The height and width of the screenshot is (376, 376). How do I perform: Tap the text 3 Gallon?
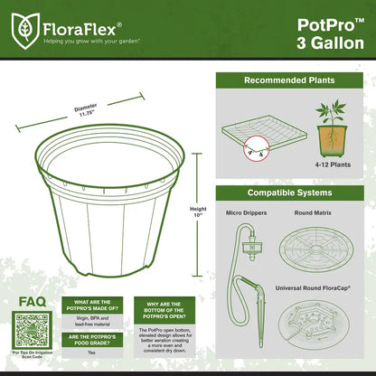pos(330,42)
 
